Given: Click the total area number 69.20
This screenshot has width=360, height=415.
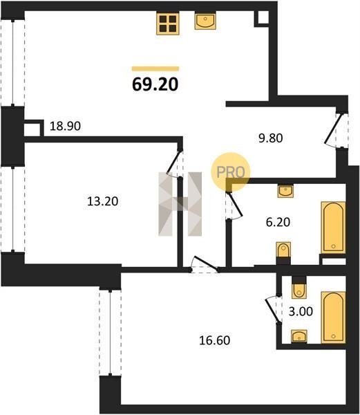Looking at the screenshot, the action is (x=155, y=84).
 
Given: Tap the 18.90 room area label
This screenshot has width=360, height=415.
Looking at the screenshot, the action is (x=65, y=126).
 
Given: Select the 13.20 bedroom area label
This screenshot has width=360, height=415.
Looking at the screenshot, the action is (x=102, y=201).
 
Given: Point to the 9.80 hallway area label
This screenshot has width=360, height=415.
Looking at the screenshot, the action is (x=270, y=138).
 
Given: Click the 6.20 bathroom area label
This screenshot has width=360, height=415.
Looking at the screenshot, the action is (x=278, y=222).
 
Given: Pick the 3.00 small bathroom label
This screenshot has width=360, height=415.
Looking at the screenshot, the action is (x=301, y=311).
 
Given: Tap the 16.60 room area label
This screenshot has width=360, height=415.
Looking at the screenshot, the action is (x=214, y=340).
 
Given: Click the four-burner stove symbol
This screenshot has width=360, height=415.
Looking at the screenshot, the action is (x=168, y=24).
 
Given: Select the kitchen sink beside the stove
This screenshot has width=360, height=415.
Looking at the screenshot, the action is (x=205, y=20).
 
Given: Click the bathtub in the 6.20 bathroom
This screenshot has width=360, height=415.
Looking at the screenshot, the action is (x=333, y=228).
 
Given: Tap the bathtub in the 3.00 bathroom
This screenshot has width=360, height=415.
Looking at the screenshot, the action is (x=333, y=317).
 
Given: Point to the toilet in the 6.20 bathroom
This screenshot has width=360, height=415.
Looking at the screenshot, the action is (x=283, y=250).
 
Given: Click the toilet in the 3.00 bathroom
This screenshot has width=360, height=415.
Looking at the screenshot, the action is (x=299, y=290).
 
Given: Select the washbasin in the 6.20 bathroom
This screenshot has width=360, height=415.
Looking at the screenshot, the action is (x=285, y=191).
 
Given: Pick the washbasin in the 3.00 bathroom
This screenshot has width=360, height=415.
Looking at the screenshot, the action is (x=299, y=336).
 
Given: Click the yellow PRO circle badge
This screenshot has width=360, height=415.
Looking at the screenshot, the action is (x=230, y=172).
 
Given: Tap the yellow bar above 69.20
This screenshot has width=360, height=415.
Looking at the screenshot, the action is (x=155, y=68).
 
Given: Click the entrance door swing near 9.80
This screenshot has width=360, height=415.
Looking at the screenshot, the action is (x=334, y=131).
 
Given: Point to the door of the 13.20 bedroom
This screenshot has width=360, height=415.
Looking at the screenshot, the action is (x=173, y=163).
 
